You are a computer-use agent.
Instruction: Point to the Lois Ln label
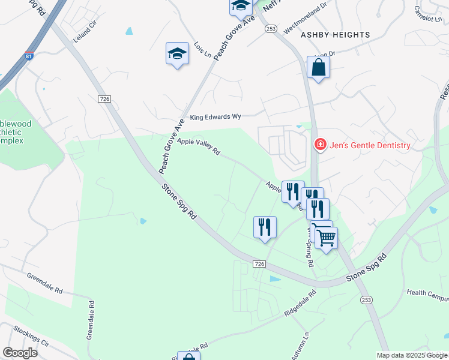coord(203,50)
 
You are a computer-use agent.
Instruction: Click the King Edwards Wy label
coord(214,118)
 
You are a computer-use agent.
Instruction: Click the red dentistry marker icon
coord(320,145)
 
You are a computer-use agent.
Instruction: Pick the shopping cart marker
coord(326,238)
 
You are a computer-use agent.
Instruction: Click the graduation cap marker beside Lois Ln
coord(177,53)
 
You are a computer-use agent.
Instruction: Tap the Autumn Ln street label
coord(301,346)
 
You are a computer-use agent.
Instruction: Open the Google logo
coord(20,353)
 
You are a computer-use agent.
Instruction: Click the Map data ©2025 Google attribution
coord(412,355)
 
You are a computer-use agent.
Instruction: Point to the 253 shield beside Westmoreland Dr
coord(271,28)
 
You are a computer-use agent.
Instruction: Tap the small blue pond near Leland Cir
coord(129,31)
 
